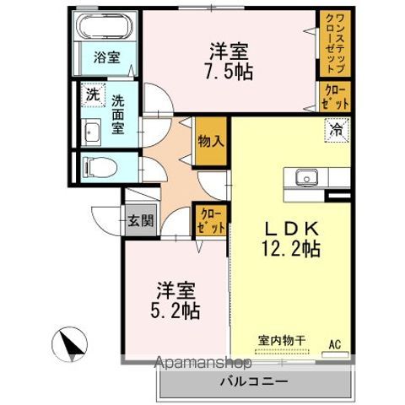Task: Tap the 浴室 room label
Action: [x=107, y=57]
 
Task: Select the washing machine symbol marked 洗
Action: [x=93, y=94]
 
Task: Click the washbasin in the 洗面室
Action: [x=91, y=132]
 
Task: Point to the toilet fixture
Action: [x=100, y=167]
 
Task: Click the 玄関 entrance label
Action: [x=141, y=220]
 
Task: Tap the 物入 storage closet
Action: [x=211, y=141]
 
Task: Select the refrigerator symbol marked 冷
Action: [x=337, y=131]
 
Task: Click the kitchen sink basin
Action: [x=306, y=177]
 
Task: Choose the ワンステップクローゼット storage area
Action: [x=335, y=43]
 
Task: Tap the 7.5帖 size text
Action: [x=229, y=72]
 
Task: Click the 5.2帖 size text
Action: [x=175, y=310]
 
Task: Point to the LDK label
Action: [x=292, y=229]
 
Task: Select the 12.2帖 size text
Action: [x=292, y=249]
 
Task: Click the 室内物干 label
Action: [x=282, y=341]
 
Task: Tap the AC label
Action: [x=336, y=344]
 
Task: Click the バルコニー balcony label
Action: [x=254, y=381]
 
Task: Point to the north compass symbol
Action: [x=69, y=344]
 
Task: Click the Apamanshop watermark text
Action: [x=203, y=363]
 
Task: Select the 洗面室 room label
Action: [x=118, y=115]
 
